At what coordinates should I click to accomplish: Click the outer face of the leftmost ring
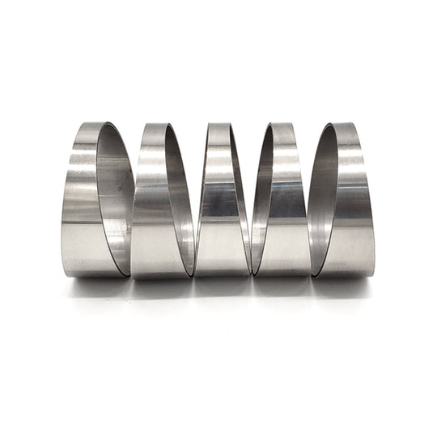click(79, 202)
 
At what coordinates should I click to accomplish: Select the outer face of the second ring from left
click(150, 202)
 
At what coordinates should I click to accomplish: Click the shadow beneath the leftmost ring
click(93, 283)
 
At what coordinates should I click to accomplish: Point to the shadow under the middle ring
click(220, 283)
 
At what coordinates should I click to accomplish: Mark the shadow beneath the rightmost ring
click(344, 283)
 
